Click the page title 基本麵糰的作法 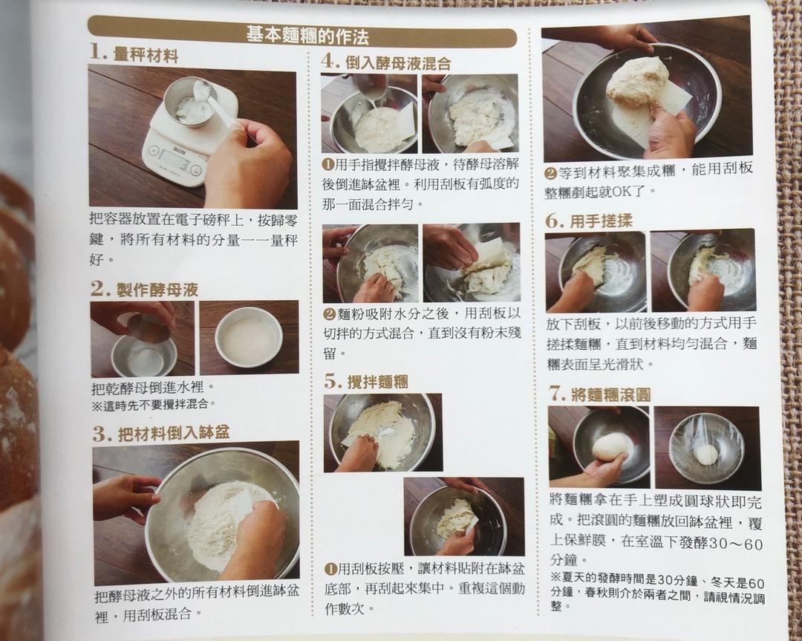point(307,36)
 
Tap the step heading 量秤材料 point(146,54)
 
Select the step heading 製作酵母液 point(157,290)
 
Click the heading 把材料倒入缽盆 point(173,433)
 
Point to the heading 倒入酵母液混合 point(398,63)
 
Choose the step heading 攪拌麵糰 point(377,382)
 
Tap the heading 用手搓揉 point(601,221)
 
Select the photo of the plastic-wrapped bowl point(707,448)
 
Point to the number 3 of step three point(101,434)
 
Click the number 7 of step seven point(557,394)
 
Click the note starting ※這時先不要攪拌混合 point(154,405)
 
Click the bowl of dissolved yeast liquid point(249,337)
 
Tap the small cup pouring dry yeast point(147,327)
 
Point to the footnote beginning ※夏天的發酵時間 point(657,593)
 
